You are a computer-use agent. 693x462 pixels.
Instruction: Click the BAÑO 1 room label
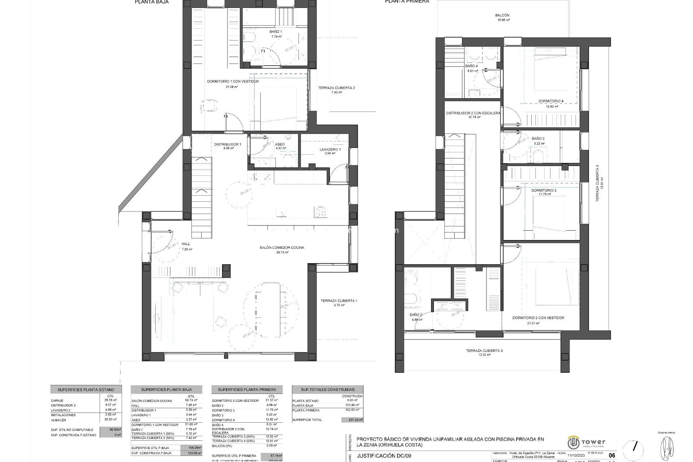(x=276, y=32)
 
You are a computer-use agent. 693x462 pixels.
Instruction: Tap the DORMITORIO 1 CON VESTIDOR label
(x=233, y=82)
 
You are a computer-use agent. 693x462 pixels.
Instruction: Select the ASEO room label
(x=280, y=144)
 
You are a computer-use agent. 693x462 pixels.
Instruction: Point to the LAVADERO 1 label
(x=330, y=149)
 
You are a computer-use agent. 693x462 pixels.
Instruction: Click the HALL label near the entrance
(x=186, y=244)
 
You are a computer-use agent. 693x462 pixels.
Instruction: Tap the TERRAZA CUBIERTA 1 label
(x=339, y=301)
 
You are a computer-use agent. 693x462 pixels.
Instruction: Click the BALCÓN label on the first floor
(x=502, y=16)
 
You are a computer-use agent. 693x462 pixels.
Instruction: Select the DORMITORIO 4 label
(x=551, y=101)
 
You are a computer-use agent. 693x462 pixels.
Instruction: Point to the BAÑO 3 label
(x=538, y=139)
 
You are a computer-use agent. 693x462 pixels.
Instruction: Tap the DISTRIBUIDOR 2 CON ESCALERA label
(x=473, y=113)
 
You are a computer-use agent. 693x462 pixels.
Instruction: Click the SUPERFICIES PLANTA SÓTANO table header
(x=86, y=390)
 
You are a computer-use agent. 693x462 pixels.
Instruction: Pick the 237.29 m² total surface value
(x=352, y=420)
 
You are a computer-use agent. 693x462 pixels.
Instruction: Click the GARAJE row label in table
(x=57, y=401)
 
